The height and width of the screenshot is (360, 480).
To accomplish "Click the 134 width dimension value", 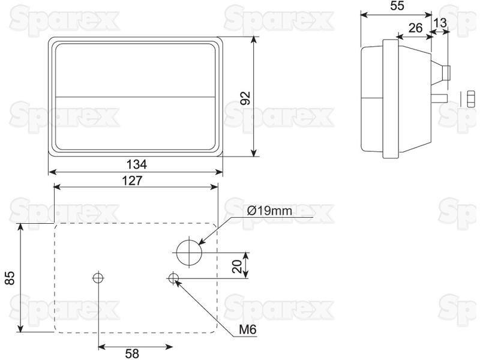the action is pyautogui.click(x=137, y=164).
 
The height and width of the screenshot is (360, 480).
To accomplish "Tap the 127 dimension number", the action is pyautogui.click(x=132, y=181).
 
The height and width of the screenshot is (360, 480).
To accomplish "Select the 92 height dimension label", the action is pyautogui.click(x=245, y=98).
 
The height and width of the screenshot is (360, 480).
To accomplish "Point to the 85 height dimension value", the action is pyautogui.click(x=10, y=278).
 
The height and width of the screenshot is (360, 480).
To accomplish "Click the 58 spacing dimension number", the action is pyautogui.click(x=132, y=353).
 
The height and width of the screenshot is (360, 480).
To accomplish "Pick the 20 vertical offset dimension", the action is pyautogui.click(x=238, y=266).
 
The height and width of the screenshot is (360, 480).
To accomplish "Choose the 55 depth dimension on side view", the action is pyautogui.click(x=397, y=6).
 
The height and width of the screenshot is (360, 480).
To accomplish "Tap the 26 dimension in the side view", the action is pyautogui.click(x=415, y=28).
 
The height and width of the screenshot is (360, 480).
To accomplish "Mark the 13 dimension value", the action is pyautogui.click(x=440, y=23).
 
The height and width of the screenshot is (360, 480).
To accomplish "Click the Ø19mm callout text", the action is pyautogui.click(x=269, y=211).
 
